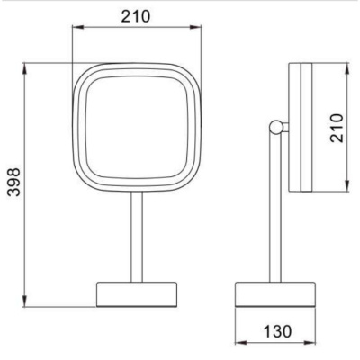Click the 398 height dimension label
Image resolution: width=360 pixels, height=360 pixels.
[13, 183]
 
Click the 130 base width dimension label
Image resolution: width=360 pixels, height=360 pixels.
[277, 331]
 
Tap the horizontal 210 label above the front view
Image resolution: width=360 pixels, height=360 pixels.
[136, 16]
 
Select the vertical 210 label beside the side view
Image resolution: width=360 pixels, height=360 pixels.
[337, 128]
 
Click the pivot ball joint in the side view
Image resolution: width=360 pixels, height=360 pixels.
[275, 127]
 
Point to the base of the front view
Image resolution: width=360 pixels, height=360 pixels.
[137, 294]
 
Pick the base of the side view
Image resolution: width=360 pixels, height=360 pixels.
[274, 294]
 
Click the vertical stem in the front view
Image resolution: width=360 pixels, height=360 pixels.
[137, 237]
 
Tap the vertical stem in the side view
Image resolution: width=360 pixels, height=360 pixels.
[275, 208]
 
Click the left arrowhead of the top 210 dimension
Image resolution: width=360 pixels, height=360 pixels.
[77, 28]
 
